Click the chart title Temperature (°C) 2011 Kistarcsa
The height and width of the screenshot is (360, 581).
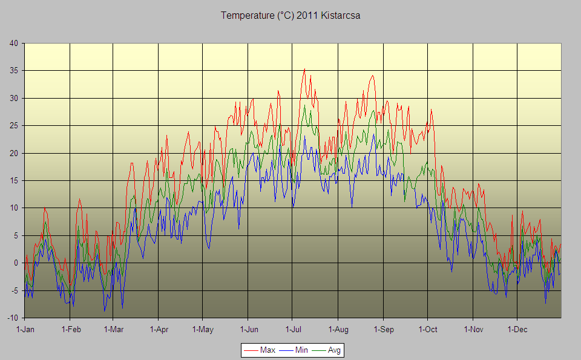coord(290,16)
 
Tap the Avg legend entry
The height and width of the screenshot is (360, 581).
coord(333,350)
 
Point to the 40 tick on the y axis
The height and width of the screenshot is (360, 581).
coord(14,43)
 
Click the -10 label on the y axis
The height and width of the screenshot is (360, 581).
coord(13,318)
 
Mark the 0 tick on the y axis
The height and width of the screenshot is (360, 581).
coord(16,263)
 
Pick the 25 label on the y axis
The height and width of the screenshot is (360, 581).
coord(14,125)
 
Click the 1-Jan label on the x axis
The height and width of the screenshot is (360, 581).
coord(25,329)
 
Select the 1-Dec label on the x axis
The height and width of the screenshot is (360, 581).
coord(517,329)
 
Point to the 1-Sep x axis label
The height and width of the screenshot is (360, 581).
coord(382,329)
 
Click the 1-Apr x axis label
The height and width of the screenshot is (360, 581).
coord(158,329)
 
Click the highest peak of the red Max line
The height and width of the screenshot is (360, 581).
coord(304,69)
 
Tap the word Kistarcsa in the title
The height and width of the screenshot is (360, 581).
coord(340,16)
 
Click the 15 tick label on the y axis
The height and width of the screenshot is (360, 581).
coord(14,180)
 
